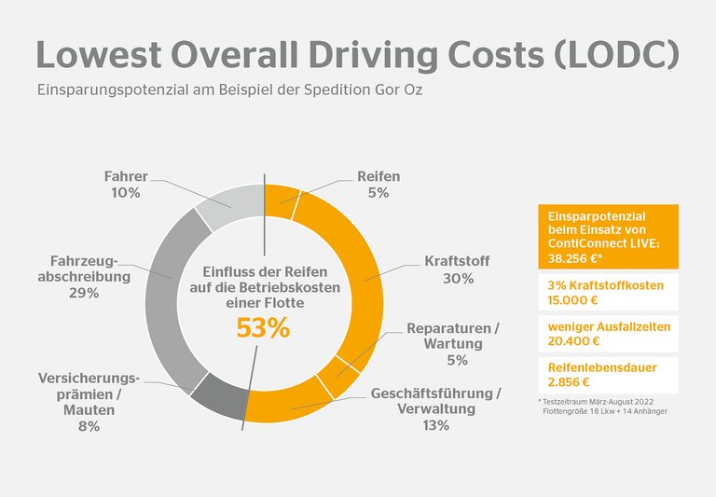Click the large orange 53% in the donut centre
(x=263, y=328)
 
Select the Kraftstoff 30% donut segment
(x=367, y=280)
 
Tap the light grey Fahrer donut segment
(x=227, y=200)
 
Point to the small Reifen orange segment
(x=281, y=198)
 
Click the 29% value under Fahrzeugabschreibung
(x=83, y=293)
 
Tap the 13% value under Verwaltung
(x=435, y=425)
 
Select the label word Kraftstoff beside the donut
(x=457, y=261)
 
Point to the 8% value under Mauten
(x=89, y=426)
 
